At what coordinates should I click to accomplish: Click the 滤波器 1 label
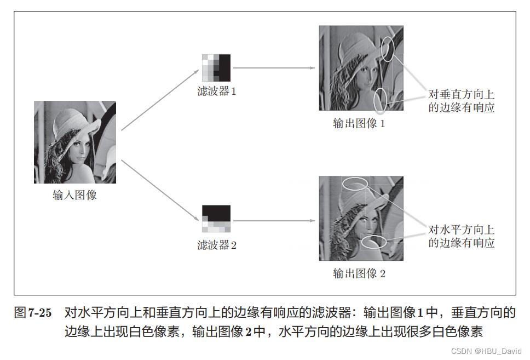[217, 91]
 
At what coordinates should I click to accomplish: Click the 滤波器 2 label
[217, 245]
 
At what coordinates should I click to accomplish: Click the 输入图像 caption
[74, 195]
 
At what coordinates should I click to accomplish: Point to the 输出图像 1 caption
[359, 123]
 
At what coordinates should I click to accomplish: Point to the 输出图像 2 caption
[359, 273]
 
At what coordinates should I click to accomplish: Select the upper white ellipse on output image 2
[355, 178]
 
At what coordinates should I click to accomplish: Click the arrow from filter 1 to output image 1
[274, 68]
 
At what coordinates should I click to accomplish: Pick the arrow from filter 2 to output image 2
[274, 221]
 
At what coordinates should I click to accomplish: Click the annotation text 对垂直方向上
[462, 94]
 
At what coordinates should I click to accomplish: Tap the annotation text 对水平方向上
[462, 230]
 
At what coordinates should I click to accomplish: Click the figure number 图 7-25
[33, 312]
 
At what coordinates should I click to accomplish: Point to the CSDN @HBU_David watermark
[486, 351]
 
